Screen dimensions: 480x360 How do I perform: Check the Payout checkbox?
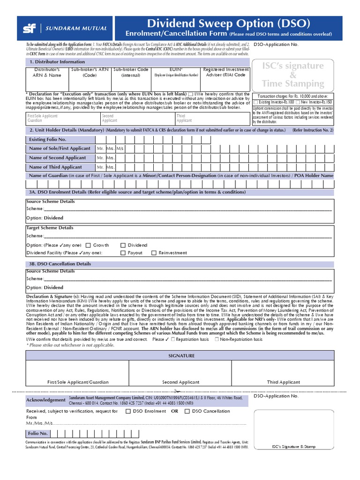(x=123, y=253)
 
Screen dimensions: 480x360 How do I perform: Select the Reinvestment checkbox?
(x=154, y=253)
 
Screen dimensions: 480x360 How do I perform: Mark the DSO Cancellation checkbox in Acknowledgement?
(x=187, y=411)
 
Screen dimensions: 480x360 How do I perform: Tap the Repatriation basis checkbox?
(x=173, y=339)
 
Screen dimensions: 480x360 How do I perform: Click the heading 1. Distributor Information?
(x=57, y=62)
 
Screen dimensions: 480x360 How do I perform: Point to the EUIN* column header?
(x=176, y=69)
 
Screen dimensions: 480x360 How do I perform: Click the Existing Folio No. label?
(x=47, y=139)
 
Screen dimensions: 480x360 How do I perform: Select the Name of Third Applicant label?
(x=55, y=167)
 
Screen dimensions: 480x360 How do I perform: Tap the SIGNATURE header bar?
(x=181, y=356)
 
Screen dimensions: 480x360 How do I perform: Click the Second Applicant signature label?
(x=180, y=382)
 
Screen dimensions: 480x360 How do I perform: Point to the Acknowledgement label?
(x=46, y=400)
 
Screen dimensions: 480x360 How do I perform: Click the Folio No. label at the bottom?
(x=37, y=434)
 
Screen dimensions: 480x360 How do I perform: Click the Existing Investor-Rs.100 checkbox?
(x=255, y=102)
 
